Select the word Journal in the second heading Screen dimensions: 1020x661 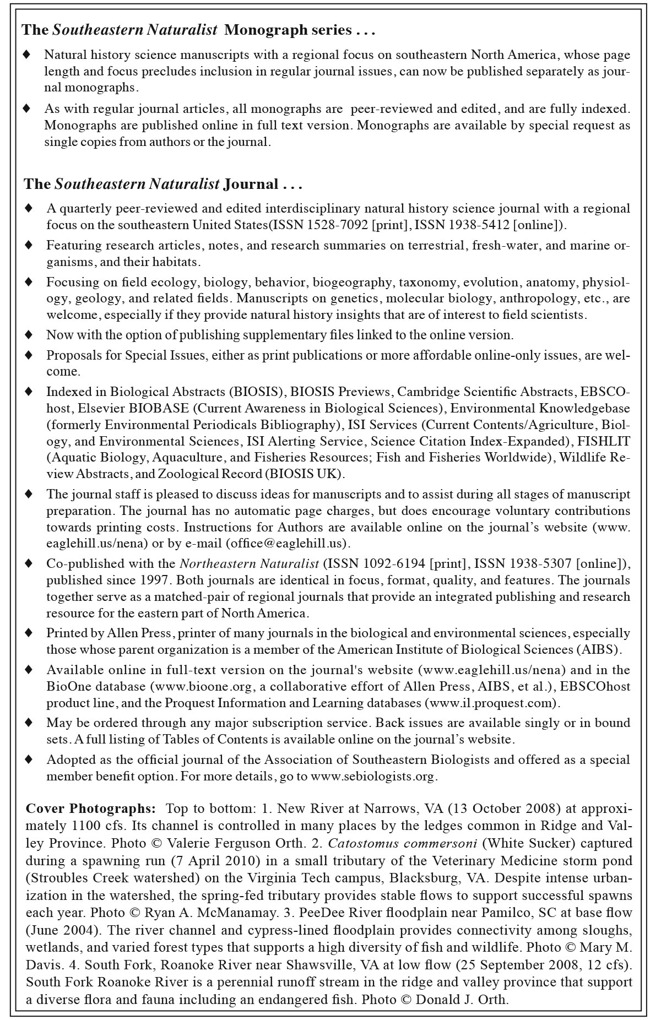[x=251, y=184]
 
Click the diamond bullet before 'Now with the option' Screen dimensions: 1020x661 [x=29, y=335]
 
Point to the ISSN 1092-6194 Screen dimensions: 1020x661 [x=375, y=564]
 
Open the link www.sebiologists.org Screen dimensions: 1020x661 [x=373, y=777]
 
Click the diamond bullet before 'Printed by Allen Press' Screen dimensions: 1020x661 [x=29, y=633]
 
